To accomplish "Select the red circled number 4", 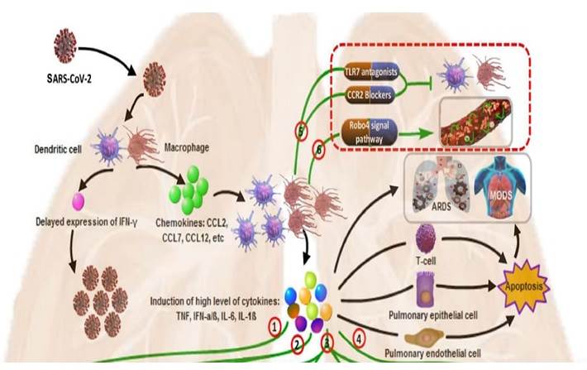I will point(359,337).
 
